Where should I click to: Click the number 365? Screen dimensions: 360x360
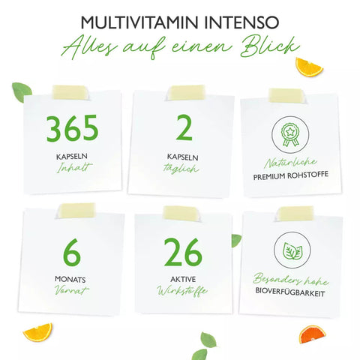click(x=72, y=130)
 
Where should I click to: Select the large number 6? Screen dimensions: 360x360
click(x=72, y=253)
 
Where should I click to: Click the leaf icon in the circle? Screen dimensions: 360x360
click(x=289, y=251)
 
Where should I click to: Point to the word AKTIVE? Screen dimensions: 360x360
click(x=181, y=278)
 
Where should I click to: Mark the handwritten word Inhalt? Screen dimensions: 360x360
click(x=72, y=170)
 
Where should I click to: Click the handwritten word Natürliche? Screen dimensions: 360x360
click(x=289, y=162)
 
